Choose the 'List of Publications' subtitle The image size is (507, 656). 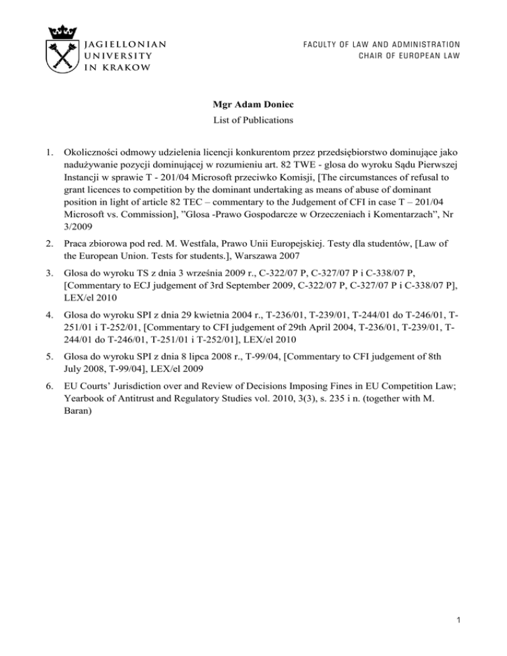pos(253,120)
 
